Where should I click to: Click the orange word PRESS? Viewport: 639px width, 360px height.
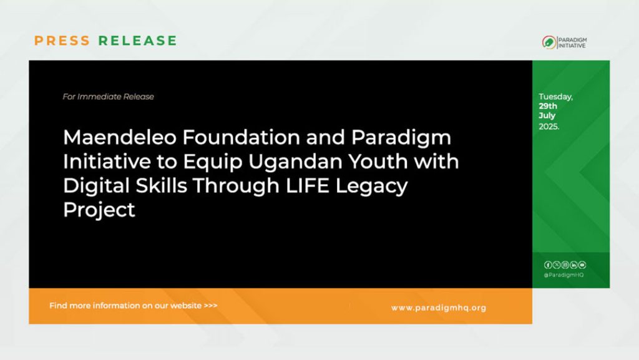coord(62,41)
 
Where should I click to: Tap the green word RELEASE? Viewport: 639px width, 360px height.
coord(138,41)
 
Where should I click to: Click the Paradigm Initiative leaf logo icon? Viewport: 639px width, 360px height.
coord(549,42)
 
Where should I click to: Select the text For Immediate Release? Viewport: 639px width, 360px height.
coord(109,97)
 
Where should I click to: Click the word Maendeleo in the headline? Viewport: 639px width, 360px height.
coord(120,137)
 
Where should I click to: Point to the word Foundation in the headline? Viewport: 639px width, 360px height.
coord(241,137)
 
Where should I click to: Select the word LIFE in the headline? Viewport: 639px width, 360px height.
coord(308,186)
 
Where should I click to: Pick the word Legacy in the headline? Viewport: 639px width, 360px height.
coord(371,187)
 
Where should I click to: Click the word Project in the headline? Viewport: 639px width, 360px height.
coord(99,210)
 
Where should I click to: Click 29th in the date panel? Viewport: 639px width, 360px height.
coord(548,106)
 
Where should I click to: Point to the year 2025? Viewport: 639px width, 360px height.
coord(549,127)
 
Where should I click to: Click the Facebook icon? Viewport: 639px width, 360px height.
coord(548,265)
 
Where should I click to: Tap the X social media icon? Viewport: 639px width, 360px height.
coord(556,265)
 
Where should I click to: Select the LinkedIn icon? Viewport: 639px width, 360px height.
coord(573,265)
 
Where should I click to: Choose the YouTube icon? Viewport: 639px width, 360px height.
coord(582,265)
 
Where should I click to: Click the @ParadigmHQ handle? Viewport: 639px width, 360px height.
coord(563,275)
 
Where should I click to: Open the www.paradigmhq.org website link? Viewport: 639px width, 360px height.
coord(439,308)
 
